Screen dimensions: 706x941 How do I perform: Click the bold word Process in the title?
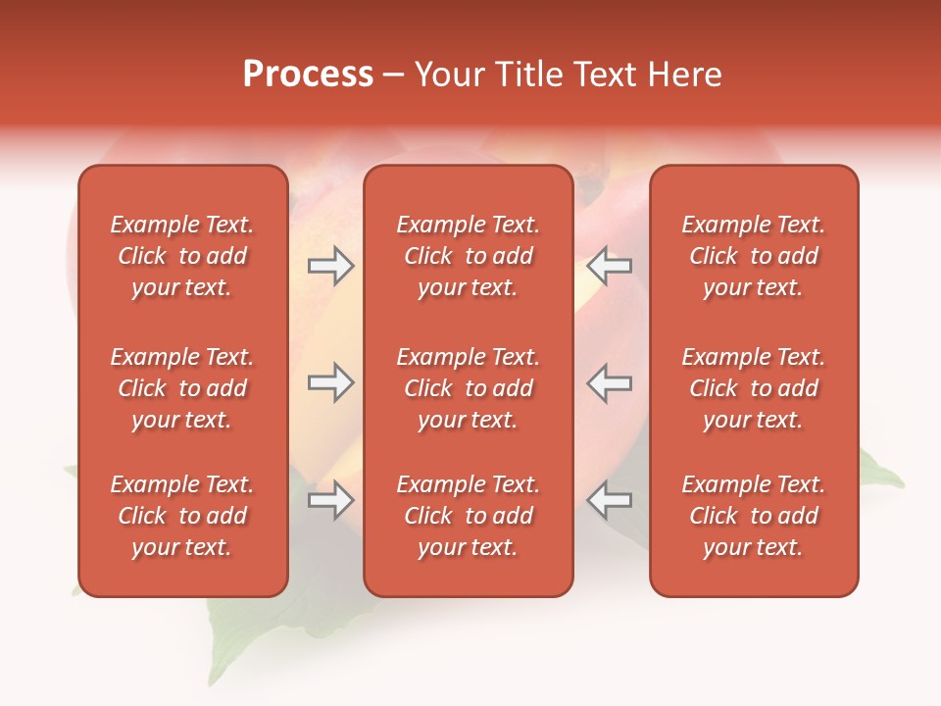[308, 75]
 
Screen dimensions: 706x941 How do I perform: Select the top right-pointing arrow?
[331, 266]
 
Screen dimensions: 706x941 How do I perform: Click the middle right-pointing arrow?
[331, 382]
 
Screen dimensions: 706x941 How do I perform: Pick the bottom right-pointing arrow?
[331, 500]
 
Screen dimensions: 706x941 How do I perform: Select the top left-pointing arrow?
[609, 266]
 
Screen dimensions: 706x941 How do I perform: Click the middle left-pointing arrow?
[609, 382]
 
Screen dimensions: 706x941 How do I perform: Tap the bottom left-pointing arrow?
[609, 500]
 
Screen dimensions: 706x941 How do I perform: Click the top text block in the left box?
[182, 256]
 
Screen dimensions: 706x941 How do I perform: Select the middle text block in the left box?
[182, 388]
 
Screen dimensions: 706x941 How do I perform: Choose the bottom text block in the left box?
[182, 516]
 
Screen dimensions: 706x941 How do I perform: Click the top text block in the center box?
[468, 256]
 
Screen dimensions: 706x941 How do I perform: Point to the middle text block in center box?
[468, 388]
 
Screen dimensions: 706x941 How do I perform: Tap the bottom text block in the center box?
[468, 516]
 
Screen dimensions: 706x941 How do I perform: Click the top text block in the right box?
[753, 256]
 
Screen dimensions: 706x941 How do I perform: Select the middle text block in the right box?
[753, 388]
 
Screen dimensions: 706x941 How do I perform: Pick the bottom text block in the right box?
[753, 516]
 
